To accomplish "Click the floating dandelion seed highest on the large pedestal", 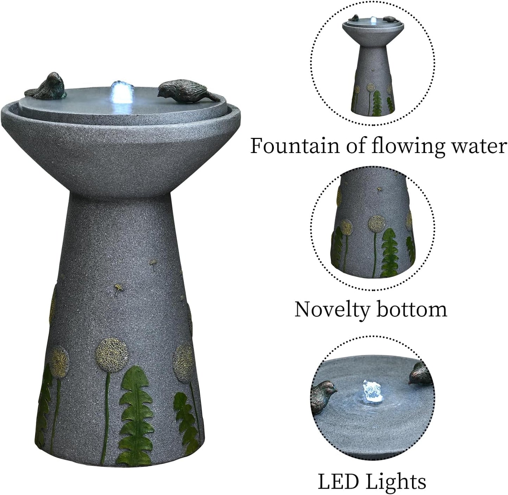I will pos(153,264).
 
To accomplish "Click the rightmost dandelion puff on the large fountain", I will pos(183,362).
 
